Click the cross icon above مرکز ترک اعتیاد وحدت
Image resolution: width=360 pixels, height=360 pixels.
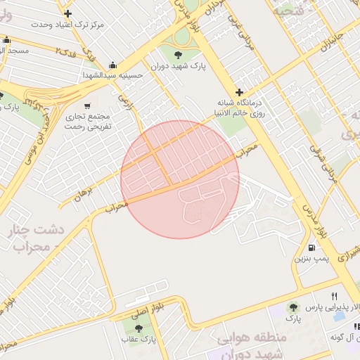(67, 13)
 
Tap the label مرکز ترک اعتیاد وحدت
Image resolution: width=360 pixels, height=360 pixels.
(67, 25)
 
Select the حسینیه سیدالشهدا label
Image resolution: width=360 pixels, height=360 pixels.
(112, 75)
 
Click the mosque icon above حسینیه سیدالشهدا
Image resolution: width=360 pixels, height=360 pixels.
(112, 64)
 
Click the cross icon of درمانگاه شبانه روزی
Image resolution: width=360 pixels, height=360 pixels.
(239, 92)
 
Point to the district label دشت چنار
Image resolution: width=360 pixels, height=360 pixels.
(40, 230)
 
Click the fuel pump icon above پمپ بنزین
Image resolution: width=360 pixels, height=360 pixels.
(311, 247)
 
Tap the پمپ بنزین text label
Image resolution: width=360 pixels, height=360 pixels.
(309, 259)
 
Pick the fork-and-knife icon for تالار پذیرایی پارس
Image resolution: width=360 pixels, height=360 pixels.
(334, 296)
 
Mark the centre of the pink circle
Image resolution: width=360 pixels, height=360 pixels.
(180, 179)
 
